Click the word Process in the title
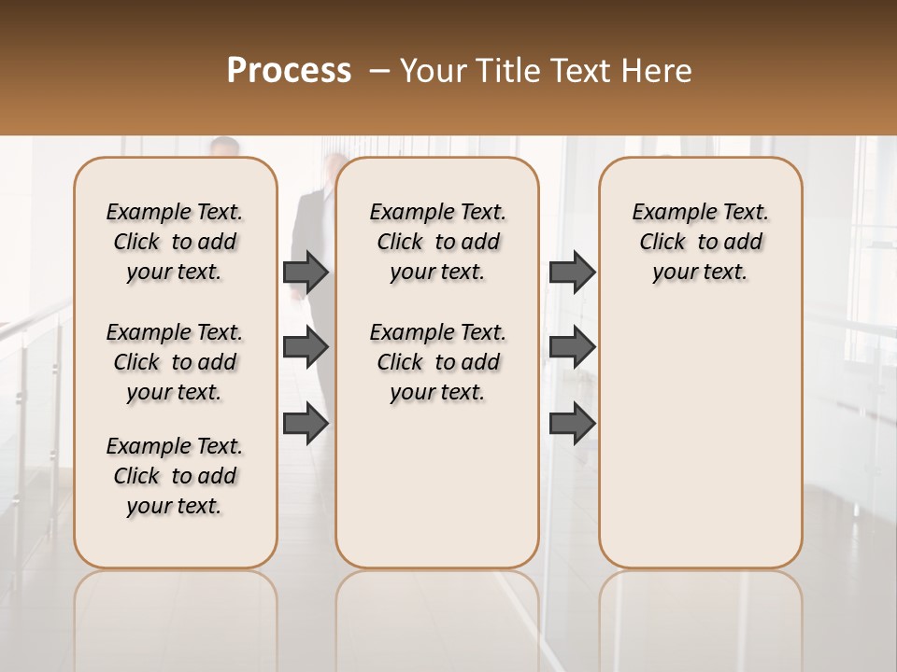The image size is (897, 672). pyautogui.click(x=289, y=71)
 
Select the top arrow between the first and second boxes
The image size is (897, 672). pyautogui.click(x=306, y=272)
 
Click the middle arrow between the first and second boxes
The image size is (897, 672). pyautogui.click(x=306, y=347)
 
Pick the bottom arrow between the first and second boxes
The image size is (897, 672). pyautogui.click(x=306, y=423)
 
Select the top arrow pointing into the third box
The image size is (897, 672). pyautogui.click(x=572, y=272)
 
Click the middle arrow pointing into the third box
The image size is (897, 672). pyautogui.click(x=572, y=347)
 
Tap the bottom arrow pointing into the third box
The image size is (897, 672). pyautogui.click(x=572, y=423)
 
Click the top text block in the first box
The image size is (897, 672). pyautogui.click(x=175, y=242)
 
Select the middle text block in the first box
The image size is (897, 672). pyautogui.click(x=175, y=362)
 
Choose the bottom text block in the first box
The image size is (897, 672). pyautogui.click(x=175, y=476)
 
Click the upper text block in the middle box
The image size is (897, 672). pyautogui.click(x=437, y=242)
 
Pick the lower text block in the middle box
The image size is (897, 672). pyautogui.click(x=437, y=362)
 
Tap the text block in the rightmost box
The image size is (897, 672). pyautogui.click(x=700, y=242)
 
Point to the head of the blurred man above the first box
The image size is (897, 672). pyautogui.click(x=224, y=148)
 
